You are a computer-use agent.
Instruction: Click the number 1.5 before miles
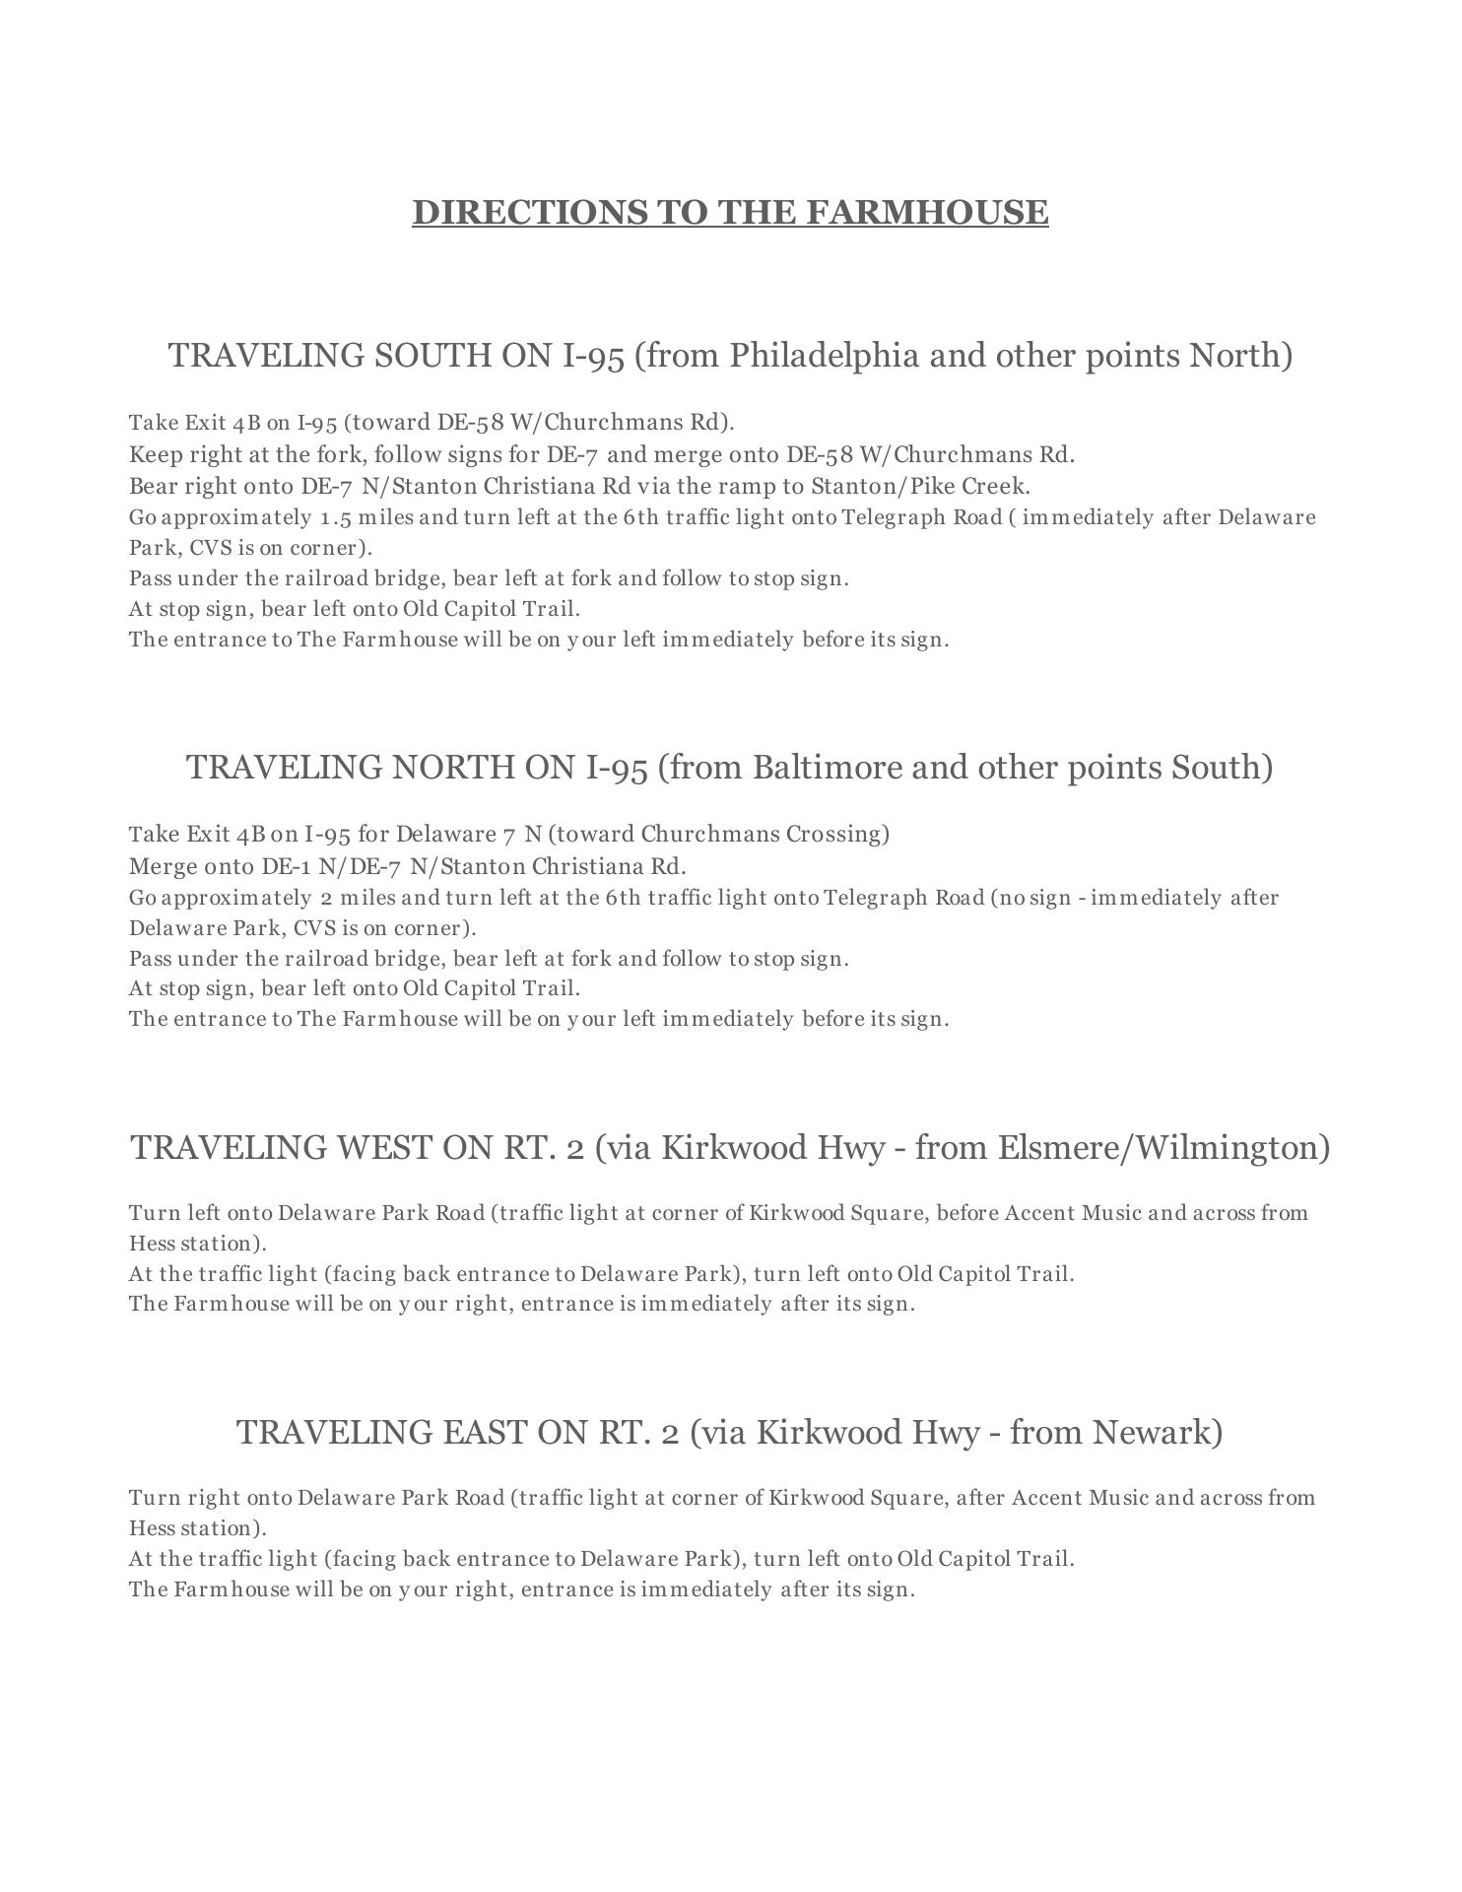tap(335, 517)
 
